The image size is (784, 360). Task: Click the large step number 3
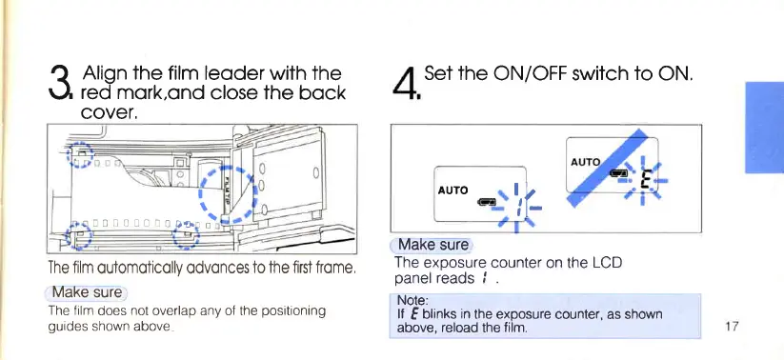point(62,83)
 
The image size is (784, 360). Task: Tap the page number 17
point(731,327)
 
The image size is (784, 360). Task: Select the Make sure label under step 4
point(432,245)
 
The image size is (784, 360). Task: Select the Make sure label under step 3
point(87,292)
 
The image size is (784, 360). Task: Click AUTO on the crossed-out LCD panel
point(585,162)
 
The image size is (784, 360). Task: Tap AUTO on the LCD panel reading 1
point(453,190)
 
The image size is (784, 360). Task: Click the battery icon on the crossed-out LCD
point(618,173)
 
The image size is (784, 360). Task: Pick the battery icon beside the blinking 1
point(487,202)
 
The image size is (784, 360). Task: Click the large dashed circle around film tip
point(228,194)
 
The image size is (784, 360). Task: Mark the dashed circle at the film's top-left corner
point(81,155)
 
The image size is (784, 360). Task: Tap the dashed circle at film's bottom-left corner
point(79,236)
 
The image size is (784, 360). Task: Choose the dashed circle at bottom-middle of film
point(186,235)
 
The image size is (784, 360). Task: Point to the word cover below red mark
point(109,112)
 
